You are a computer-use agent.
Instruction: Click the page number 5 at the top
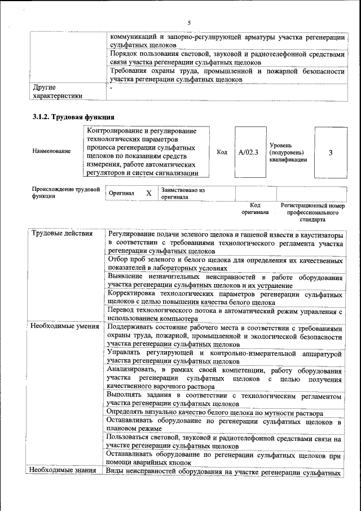coord(189,22)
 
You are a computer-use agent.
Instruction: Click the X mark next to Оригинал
coord(149,194)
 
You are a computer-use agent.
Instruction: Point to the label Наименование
coord(52,151)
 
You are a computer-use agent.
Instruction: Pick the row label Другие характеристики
coord(58,91)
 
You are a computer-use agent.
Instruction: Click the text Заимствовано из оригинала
coord(183,194)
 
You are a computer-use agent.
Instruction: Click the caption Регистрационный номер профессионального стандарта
coord(312,212)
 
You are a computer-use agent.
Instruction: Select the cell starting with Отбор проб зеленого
coord(224,264)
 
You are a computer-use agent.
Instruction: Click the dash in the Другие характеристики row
coord(111,88)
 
